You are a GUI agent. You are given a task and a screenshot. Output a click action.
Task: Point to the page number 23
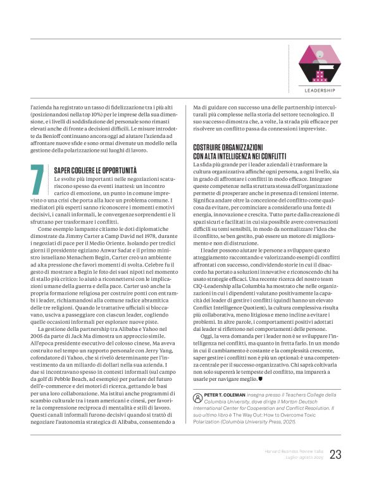[x=335, y=454]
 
